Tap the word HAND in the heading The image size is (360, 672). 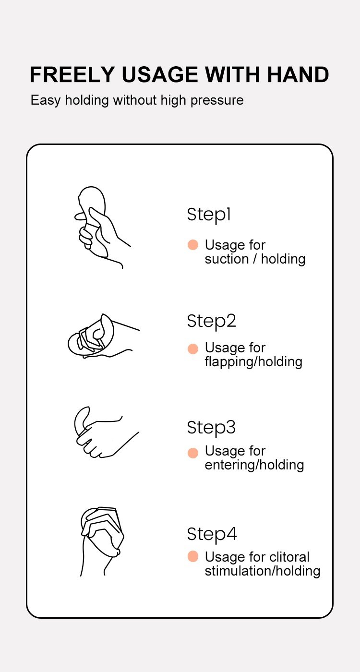click(298, 75)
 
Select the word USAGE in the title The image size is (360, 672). click(159, 75)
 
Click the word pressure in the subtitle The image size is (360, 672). click(217, 100)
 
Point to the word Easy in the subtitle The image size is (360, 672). click(45, 100)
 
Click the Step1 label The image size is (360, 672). click(209, 215)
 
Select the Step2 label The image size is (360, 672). click(212, 321)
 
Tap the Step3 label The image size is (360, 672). click(211, 428)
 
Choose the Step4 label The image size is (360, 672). click(212, 534)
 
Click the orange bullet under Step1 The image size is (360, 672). click(193, 245)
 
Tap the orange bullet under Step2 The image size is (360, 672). click(193, 348)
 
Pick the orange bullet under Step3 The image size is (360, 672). click(193, 453)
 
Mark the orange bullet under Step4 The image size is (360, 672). click(193, 556)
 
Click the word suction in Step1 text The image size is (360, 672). click(227, 259)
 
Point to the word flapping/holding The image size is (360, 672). click(253, 362)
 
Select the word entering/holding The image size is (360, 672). click(254, 466)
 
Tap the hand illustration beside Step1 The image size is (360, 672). click(102, 228)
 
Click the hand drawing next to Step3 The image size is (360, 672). click(107, 432)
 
